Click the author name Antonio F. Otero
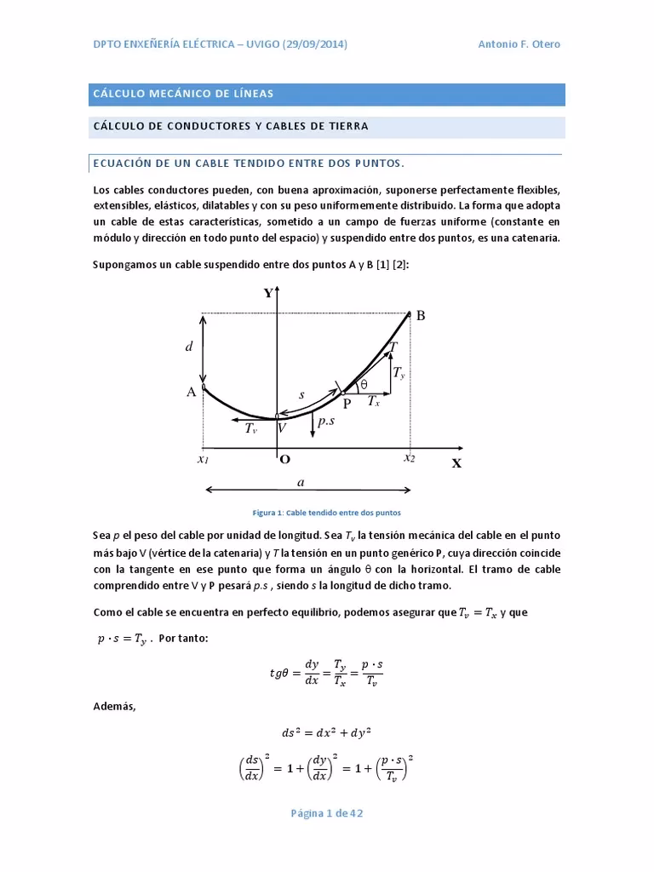519,44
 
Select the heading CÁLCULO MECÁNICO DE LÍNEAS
183,94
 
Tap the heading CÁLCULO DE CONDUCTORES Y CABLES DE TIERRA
231,126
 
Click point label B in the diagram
420,316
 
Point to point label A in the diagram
192,393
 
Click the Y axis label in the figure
268,293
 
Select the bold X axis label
456,464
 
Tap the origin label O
285,459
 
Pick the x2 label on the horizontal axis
410,458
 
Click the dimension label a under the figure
301,482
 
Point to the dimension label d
189,347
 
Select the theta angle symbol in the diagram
364,385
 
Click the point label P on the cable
347,404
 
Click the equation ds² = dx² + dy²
326,732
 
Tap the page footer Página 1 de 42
327,813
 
